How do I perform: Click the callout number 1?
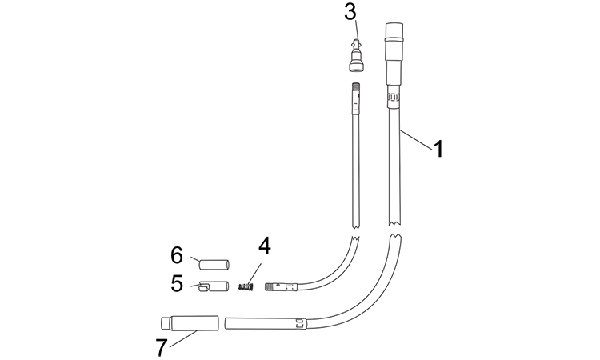pyautogui.click(x=438, y=149)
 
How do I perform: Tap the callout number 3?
pyautogui.click(x=350, y=12)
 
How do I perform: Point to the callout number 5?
pyautogui.click(x=177, y=283)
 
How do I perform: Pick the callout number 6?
pyautogui.click(x=177, y=254)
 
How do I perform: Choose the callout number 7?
pyautogui.click(x=162, y=348)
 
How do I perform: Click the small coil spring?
pyautogui.click(x=246, y=286)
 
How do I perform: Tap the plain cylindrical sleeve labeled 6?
pyautogui.click(x=214, y=264)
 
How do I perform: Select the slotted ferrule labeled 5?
pyautogui.click(x=214, y=286)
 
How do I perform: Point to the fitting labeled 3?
pyautogui.click(x=356, y=56)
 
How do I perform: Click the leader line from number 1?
pyautogui.click(x=416, y=138)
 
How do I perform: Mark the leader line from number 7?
pyautogui.click(x=183, y=338)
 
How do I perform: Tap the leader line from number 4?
pyautogui.click(x=255, y=273)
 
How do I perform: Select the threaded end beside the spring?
pyautogui.click(x=270, y=286)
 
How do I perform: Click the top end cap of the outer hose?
pyautogui.click(x=394, y=30)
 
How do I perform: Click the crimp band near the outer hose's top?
pyautogui.click(x=394, y=98)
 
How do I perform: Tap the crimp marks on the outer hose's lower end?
pyautogui.click(x=300, y=324)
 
